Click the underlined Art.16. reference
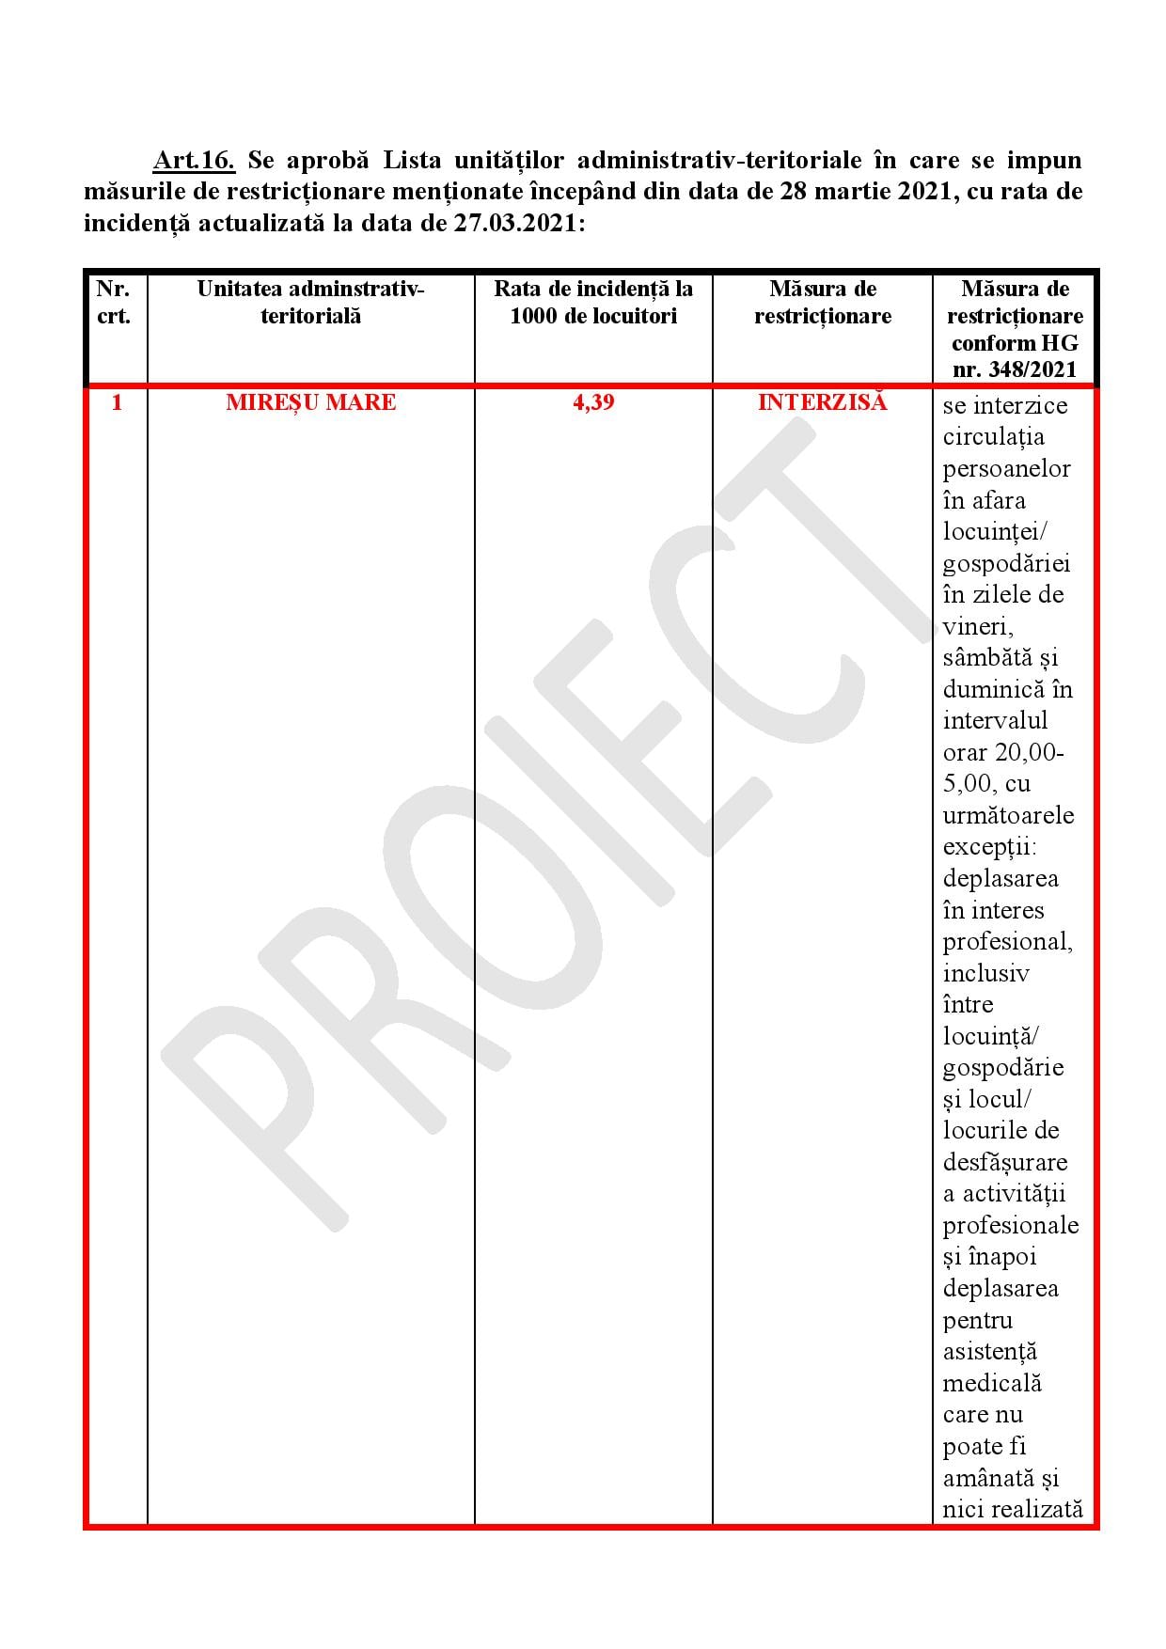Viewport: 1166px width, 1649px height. coord(194,161)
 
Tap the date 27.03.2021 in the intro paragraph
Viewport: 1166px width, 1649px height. coord(515,225)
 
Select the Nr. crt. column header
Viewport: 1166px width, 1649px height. coord(114,302)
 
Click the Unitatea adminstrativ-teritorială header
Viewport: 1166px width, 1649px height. coord(310,302)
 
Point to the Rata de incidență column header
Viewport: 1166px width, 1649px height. coord(593,302)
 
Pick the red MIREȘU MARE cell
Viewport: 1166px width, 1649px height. coord(310,402)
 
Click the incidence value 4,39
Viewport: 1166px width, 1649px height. coord(593,402)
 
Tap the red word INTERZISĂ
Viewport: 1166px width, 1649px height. coord(822,402)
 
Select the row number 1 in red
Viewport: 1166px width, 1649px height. coord(117,402)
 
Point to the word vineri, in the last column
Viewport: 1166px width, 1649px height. coord(978,626)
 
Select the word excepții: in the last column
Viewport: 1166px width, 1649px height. coord(989,847)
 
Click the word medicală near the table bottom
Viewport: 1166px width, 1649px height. coord(992,1384)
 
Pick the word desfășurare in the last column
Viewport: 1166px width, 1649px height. coord(1005,1163)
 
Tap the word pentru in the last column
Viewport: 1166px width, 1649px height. coord(978,1321)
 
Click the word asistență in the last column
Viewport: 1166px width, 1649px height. coord(989,1352)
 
